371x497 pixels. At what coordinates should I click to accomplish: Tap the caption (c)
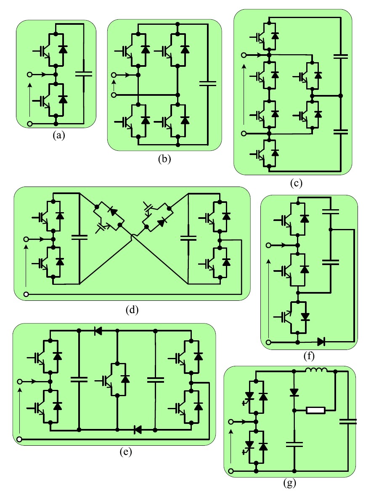[293, 183]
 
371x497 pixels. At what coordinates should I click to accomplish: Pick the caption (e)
[125, 452]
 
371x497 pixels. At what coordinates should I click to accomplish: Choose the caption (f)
[309, 356]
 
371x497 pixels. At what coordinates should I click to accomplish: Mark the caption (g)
[290, 483]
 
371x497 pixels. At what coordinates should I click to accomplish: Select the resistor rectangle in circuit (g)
[315, 410]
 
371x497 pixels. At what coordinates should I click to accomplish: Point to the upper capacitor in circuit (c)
[340, 55]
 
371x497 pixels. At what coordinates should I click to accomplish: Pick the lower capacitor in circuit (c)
[340, 131]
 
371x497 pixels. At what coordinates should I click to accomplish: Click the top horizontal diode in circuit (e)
[98, 331]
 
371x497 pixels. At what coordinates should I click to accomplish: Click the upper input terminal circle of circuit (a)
[29, 74]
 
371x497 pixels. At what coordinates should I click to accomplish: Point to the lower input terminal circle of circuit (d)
[26, 294]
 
